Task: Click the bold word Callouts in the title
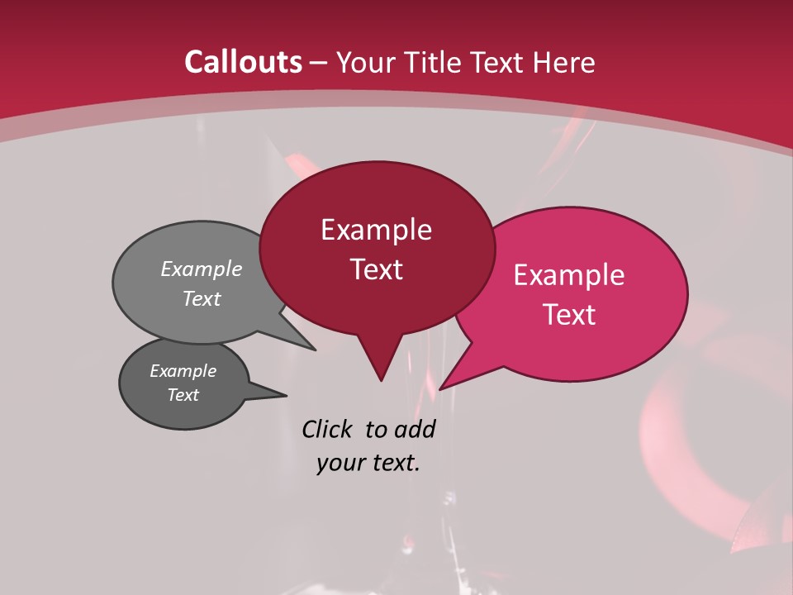point(243,62)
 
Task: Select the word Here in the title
point(564,62)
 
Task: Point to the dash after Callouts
point(319,63)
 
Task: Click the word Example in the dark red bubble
point(376,230)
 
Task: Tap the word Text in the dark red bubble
point(376,269)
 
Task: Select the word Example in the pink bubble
point(569,275)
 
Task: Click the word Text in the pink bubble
point(569,315)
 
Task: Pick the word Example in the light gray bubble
point(202,269)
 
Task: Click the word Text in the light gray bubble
point(202,299)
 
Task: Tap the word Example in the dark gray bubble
point(183,371)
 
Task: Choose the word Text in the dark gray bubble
point(183,395)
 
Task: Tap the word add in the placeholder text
point(414,429)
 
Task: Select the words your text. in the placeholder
point(368,463)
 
